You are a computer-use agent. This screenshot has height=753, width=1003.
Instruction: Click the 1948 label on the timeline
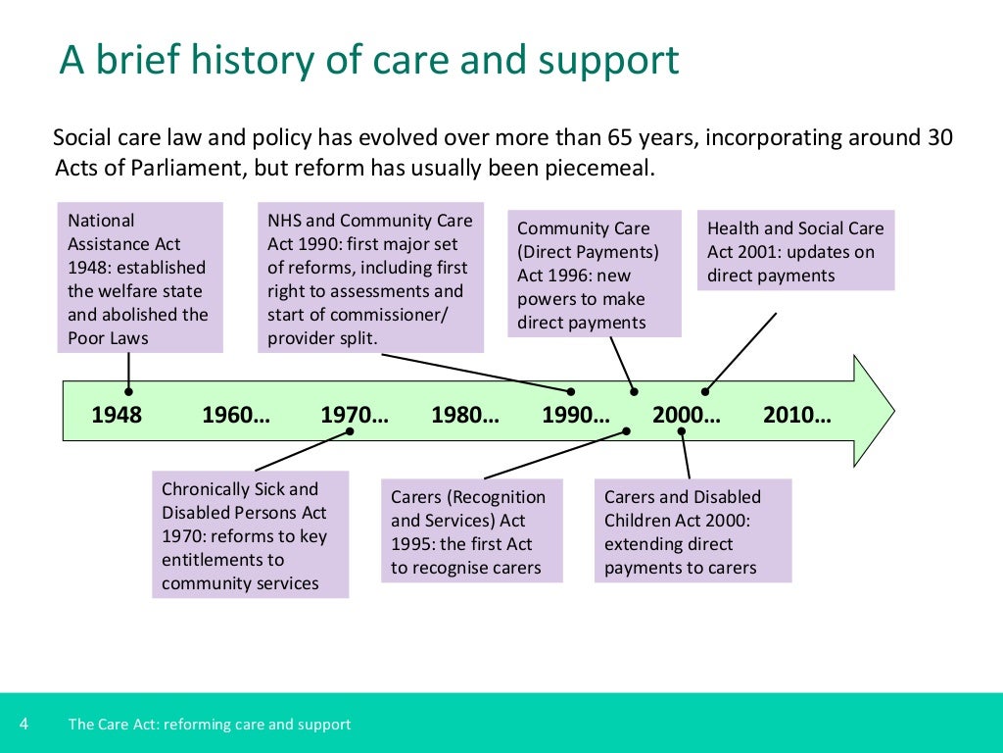pyautogui.click(x=117, y=415)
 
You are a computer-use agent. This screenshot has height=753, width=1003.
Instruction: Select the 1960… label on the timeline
pyautogui.click(x=236, y=415)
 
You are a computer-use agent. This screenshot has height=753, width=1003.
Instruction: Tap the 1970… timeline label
pyautogui.click(x=355, y=415)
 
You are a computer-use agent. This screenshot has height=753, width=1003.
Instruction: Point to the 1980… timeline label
pyautogui.click(x=465, y=415)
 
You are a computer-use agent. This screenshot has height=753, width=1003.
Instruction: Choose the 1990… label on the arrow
pyautogui.click(x=576, y=415)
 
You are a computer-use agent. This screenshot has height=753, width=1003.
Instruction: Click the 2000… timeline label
pyautogui.click(x=687, y=415)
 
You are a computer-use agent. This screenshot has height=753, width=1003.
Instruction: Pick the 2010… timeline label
pyautogui.click(x=797, y=415)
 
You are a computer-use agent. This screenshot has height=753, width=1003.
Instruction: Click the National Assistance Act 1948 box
pyautogui.click(x=141, y=277)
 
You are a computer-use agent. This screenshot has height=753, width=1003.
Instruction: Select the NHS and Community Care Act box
pyautogui.click(x=370, y=277)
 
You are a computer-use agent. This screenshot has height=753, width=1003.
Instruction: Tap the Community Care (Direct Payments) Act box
pyautogui.click(x=594, y=275)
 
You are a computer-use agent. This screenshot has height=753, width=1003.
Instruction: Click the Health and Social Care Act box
pyautogui.click(x=795, y=251)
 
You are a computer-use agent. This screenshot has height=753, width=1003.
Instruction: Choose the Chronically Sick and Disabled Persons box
pyautogui.click(x=250, y=535)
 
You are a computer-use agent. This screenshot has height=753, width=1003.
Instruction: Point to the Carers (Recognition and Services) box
pyautogui.click(x=471, y=531)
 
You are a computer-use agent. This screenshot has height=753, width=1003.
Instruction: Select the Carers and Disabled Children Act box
pyautogui.click(x=693, y=531)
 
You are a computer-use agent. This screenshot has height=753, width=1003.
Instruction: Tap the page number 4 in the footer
pyautogui.click(x=24, y=725)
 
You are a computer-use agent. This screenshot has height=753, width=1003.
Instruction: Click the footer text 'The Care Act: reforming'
pyautogui.click(x=209, y=725)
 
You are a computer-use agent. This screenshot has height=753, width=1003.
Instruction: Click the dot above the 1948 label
pyautogui.click(x=128, y=391)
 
